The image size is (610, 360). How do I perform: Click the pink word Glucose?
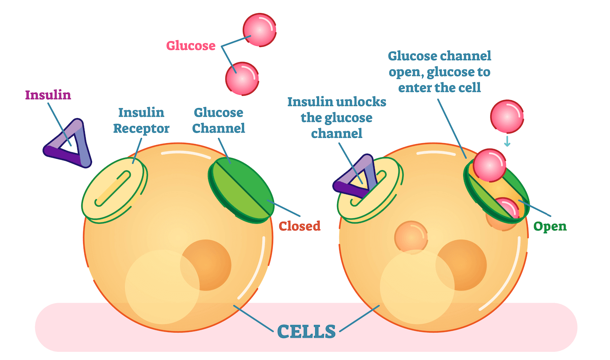pos(190,45)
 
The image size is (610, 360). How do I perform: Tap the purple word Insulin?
pos(48,95)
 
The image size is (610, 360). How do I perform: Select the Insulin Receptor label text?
pos(141,120)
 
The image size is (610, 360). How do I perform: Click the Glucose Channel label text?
pos(218,120)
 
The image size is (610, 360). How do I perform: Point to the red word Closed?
pos(300,226)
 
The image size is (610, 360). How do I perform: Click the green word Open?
pos(550,226)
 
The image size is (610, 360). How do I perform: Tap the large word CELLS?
pos(306,332)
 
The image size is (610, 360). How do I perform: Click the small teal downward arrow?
pos(507,141)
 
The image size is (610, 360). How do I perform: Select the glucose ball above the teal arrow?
pos(507,116)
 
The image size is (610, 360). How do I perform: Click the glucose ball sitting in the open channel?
pos(489,166)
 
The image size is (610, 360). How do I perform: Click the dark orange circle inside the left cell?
pos(206,265)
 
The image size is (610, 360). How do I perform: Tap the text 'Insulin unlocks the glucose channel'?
pos(336,118)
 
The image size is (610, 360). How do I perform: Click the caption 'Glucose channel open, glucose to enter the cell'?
pos(439,71)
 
